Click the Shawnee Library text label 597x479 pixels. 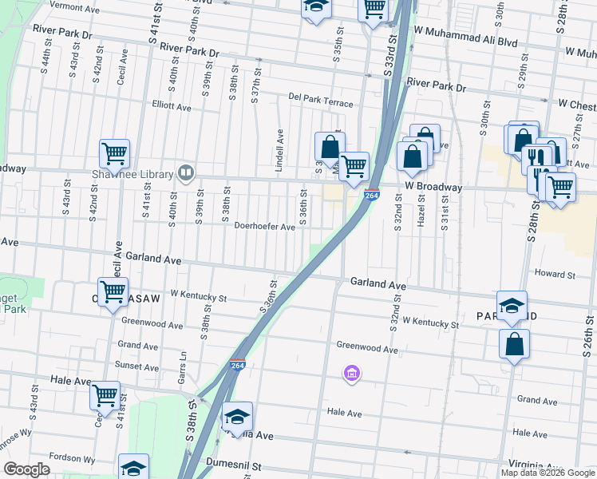pyautogui.click(x=144, y=175)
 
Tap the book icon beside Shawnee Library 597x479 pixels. pyautogui.click(x=186, y=172)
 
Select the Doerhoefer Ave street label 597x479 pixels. pyautogui.click(x=264, y=227)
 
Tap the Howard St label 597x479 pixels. pyautogui.click(x=555, y=275)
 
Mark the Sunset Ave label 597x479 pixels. pyautogui.click(x=138, y=367)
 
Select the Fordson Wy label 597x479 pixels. pyautogui.click(x=71, y=458)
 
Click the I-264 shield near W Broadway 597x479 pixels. pyautogui.click(x=372, y=195)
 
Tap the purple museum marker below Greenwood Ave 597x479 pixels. pyautogui.click(x=351, y=373)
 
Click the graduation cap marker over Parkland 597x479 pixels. pyautogui.click(x=512, y=307)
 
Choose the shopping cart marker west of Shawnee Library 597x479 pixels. pyautogui.click(x=114, y=154)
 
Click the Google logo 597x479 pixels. pyautogui.click(x=26, y=469)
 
